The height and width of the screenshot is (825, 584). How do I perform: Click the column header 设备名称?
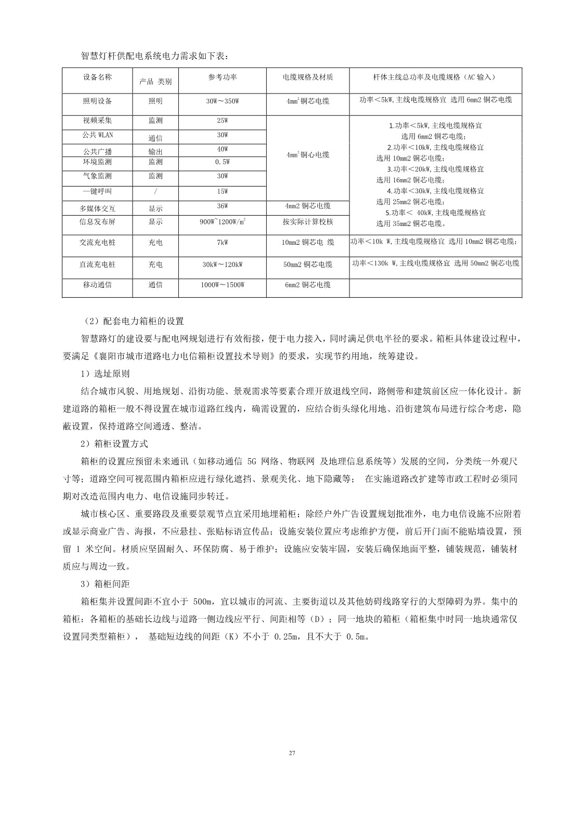pyautogui.click(x=97, y=77)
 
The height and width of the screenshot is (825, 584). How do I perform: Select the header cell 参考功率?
pyautogui.click(x=223, y=77)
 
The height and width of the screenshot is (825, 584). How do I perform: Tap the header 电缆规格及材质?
pyautogui.click(x=308, y=77)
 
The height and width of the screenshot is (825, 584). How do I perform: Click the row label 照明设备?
pyautogui.click(x=97, y=101)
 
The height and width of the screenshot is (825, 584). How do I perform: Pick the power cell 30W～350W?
pyautogui.click(x=223, y=101)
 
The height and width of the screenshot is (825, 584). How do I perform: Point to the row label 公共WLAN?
pyautogui.click(x=98, y=135)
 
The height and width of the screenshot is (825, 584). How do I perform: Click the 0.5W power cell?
pyautogui.click(x=223, y=162)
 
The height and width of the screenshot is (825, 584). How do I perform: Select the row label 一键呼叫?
pyautogui.click(x=97, y=192)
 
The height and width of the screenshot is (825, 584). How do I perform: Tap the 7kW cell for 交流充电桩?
pyautogui.click(x=223, y=243)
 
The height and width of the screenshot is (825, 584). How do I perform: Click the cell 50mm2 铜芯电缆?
pyautogui.click(x=308, y=264)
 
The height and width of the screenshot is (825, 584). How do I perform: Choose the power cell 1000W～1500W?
pyautogui.click(x=223, y=285)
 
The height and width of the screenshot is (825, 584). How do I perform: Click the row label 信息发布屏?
pyautogui.click(x=97, y=222)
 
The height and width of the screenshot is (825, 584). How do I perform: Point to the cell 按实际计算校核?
pyautogui.click(x=308, y=222)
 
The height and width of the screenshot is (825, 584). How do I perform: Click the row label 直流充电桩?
pyautogui.click(x=97, y=264)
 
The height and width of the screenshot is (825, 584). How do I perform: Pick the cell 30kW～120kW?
pyautogui.click(x=223, y=264)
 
